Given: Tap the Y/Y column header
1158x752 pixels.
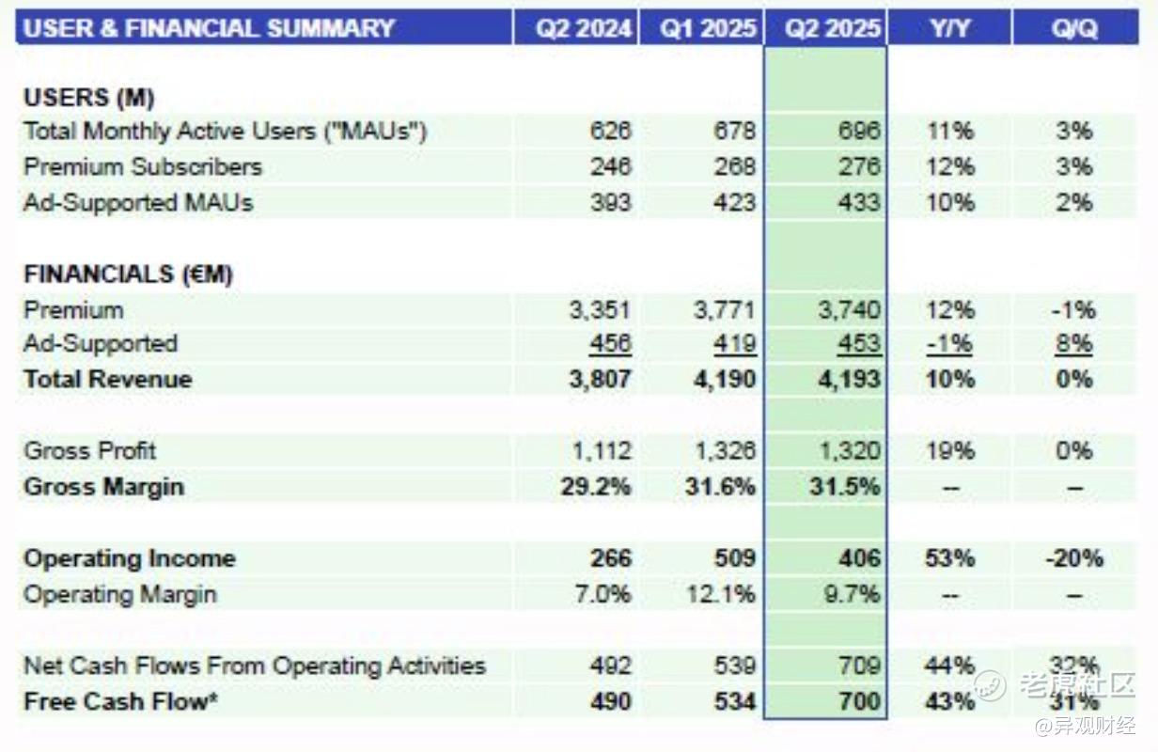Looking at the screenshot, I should (x=949, y=28).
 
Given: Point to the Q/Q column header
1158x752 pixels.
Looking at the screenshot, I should (x=1074, y=28).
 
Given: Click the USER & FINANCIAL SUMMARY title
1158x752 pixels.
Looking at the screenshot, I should (x=209, y=28).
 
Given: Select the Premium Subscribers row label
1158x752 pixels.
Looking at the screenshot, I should (x=143, y=166).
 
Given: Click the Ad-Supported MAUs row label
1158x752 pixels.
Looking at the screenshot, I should (x=138, y=202).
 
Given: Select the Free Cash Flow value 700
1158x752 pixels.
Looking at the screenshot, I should (x=858, y=701).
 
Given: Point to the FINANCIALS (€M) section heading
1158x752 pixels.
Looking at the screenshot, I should (x=128, y=274).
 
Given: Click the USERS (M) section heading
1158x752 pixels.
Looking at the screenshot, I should (x=89, y=98).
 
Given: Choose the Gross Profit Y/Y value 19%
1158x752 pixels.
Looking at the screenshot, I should (x=949, y=451).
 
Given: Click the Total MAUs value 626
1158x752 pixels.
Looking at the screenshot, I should (x=611, y=131).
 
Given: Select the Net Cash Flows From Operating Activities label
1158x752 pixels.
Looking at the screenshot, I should (x=255, y=666).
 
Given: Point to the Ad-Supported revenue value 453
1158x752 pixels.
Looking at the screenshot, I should (x=858, y=344).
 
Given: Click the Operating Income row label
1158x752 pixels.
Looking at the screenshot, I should (x=130, y=558).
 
